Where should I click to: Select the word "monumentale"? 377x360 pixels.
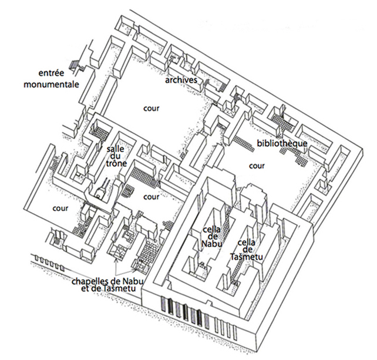(x=52, y=85)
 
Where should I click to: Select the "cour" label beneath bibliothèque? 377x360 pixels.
(x=257, y=166)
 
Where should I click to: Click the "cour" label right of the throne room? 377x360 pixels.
(x=151, y=197)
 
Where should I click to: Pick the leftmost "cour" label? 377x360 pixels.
(x=60, y=208)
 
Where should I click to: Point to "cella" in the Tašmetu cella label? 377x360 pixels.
(x=248, y=242)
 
